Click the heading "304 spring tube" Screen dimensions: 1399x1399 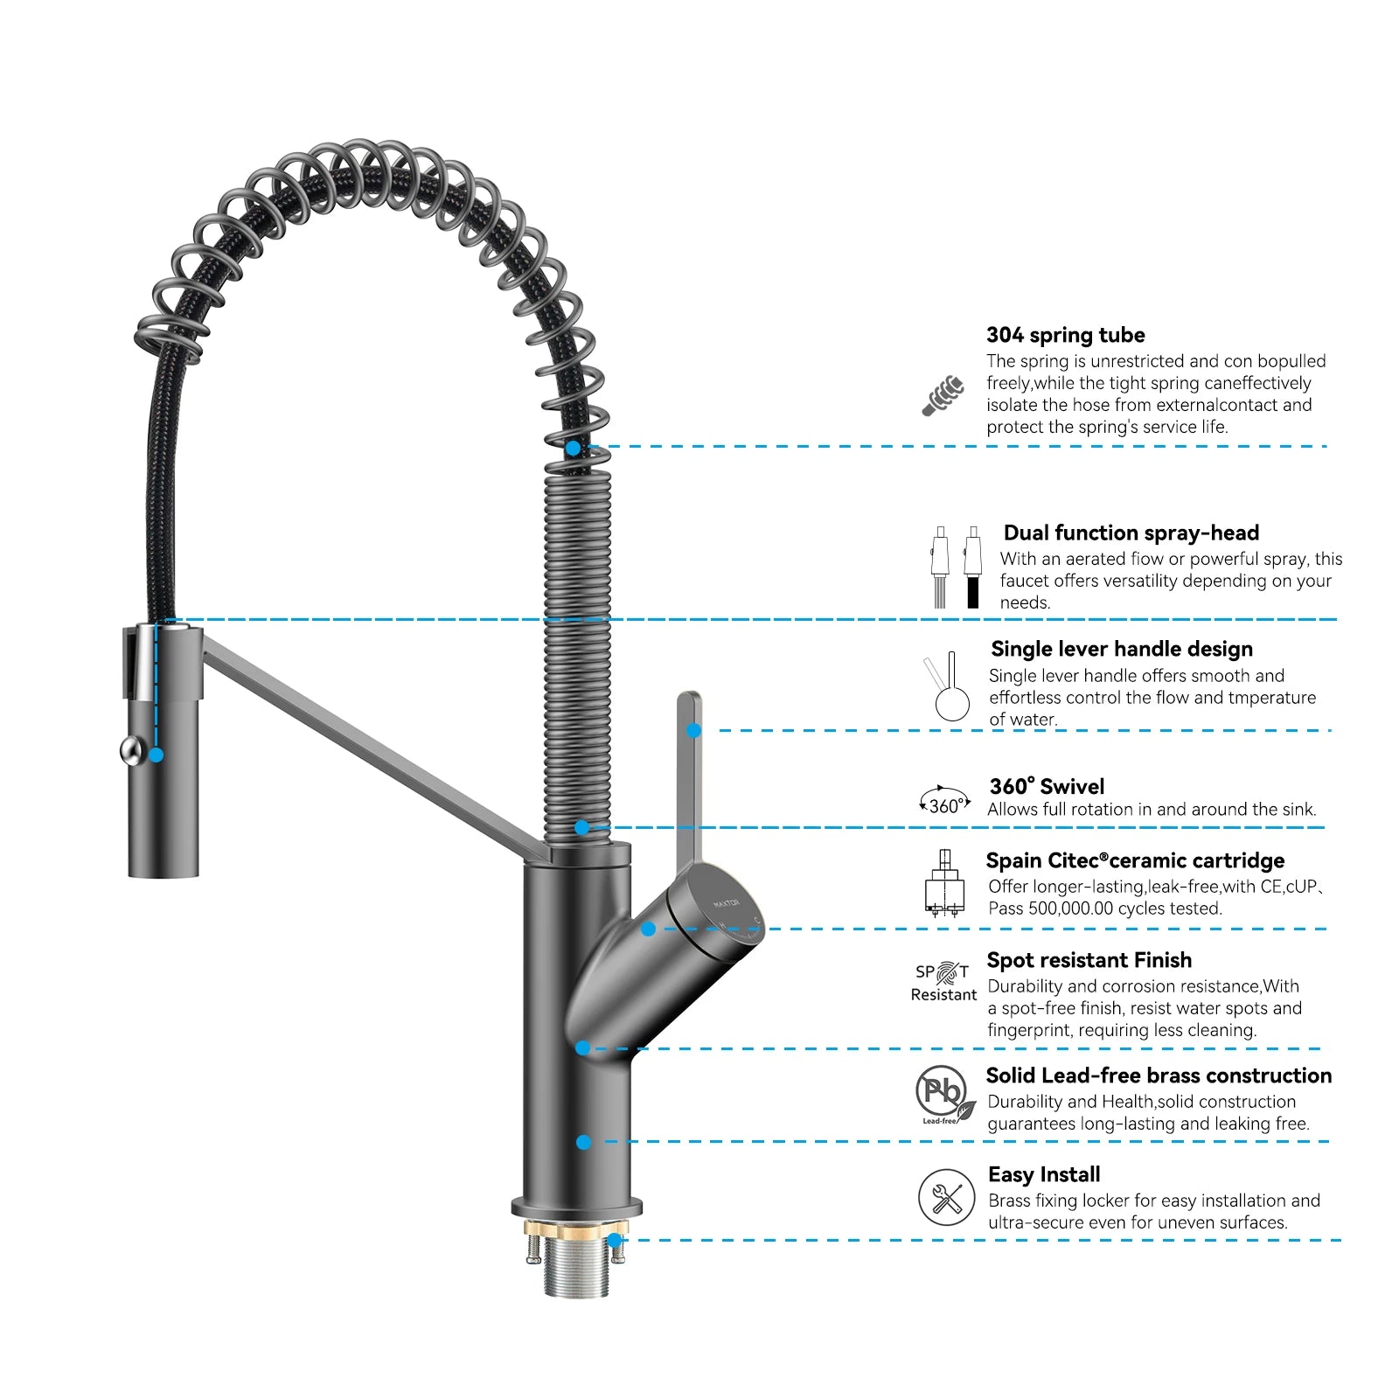(1065, 335)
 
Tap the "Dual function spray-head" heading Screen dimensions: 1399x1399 (1131, 532)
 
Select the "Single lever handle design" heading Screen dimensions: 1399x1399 (1121, 649)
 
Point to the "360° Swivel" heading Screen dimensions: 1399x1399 (1047, 786)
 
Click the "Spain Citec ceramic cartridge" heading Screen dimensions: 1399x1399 (1135, 860)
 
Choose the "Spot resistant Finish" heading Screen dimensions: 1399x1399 (1089, 960)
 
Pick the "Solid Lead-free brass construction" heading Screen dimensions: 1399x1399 (1159, 1075)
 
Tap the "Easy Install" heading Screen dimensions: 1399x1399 (1044, 1174)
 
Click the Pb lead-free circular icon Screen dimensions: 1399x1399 (943, 1093)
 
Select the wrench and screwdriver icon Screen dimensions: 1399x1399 (946, 1197)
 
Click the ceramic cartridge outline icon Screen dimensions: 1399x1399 (944, 883)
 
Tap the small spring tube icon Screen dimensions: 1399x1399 (944, 395)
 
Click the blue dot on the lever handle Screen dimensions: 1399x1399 (693, 730)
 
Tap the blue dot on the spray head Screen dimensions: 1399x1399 (157, 755)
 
